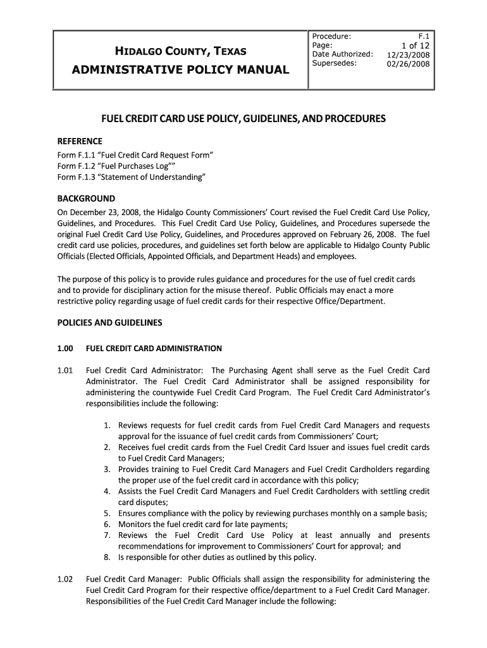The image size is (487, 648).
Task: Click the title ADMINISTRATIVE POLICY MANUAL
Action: point(181,69)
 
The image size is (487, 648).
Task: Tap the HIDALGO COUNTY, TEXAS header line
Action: point(180,51)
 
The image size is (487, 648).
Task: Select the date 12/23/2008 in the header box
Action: point(409,54)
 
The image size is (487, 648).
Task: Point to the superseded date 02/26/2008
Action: point(409,63)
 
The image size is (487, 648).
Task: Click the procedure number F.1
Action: point(424,37)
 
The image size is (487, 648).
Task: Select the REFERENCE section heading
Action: point(80,140)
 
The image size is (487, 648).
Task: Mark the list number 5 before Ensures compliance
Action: point(108,513)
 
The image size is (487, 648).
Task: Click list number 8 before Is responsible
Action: point(108,558)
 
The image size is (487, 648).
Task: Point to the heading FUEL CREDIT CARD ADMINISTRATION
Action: point(154,348)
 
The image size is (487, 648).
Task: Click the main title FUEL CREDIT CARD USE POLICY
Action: point(244,119)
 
